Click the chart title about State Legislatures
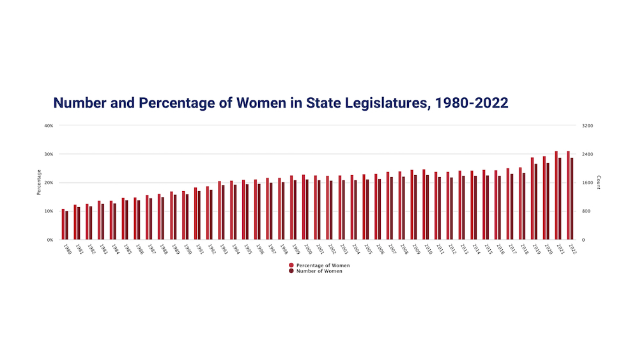pos(281,102)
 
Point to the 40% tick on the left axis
pos(49,125)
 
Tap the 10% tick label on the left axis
pos(49,211)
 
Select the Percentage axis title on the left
pos(39,182)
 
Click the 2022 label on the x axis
pos(572,249)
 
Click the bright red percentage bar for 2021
pos(556,195)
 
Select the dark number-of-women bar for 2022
pos(572,198)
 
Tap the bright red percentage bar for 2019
pos(532,198)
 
